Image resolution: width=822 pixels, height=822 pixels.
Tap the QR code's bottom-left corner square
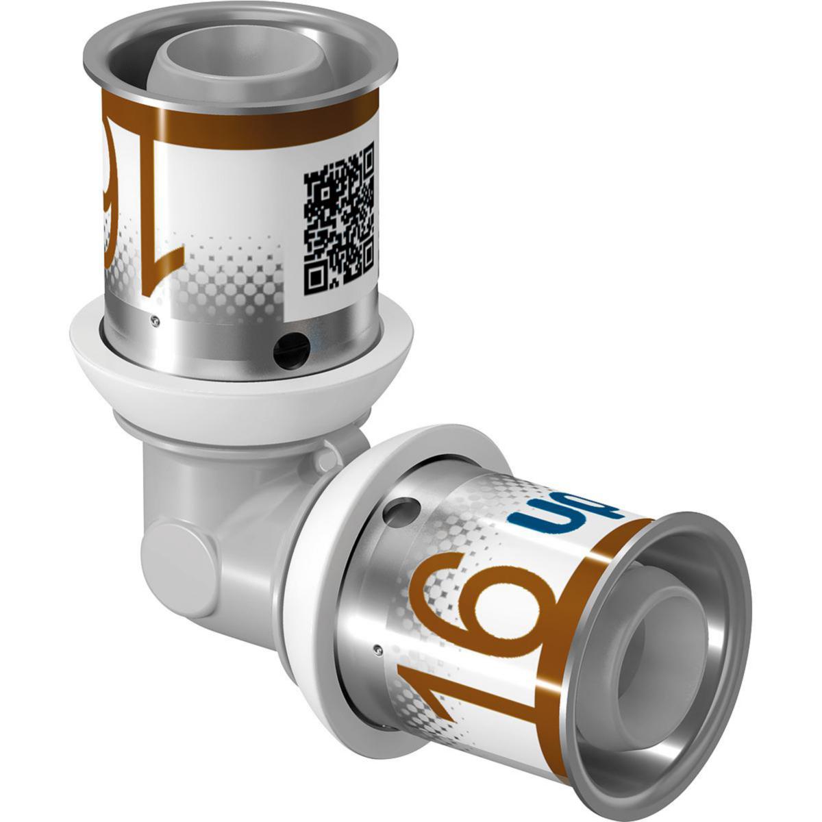tap(316, 277)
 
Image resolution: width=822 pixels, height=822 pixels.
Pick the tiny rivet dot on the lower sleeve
tap(377, 647)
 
